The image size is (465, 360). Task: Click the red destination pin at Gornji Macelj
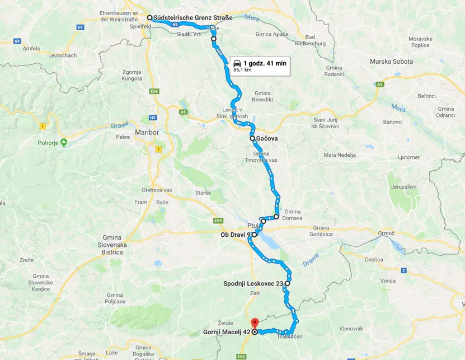tap(254, 323)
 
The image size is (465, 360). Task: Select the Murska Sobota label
tap(391, 61)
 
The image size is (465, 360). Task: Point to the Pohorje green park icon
tap(64, 142)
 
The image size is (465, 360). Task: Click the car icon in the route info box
tap(237, 63)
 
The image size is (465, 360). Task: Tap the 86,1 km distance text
tap(242, 70)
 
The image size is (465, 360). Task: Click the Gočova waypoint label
tap(267, 138)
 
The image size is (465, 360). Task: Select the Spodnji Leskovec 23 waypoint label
tap(253, 284)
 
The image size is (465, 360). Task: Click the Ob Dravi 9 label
tap(235, 235)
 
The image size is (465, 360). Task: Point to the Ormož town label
tap(386, 233)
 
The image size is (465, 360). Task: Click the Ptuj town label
tap(253, 225)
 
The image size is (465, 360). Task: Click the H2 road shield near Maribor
tap(152, 118)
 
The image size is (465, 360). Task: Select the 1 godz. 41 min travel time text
tap(265, 63)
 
